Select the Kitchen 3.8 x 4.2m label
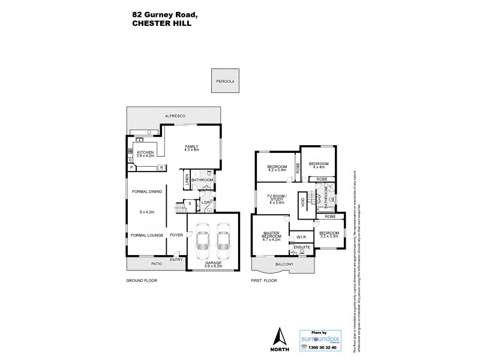tap(146, 155)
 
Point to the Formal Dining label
tap(146, 192)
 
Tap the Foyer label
tap(176, 235)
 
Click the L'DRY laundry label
tap(207, 203)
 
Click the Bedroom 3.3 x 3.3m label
tap(328, 235)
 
